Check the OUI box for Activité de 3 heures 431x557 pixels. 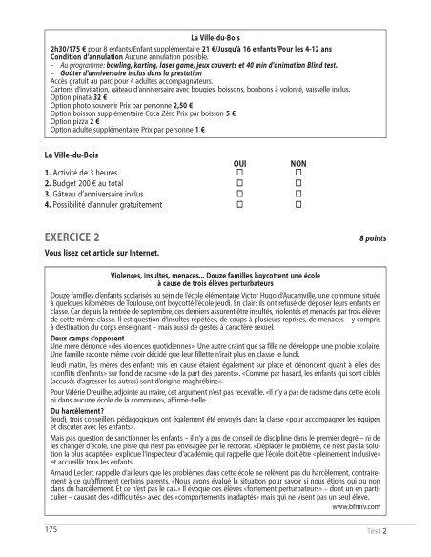(x=239, y=172)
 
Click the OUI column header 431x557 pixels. (x=239, y=163)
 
